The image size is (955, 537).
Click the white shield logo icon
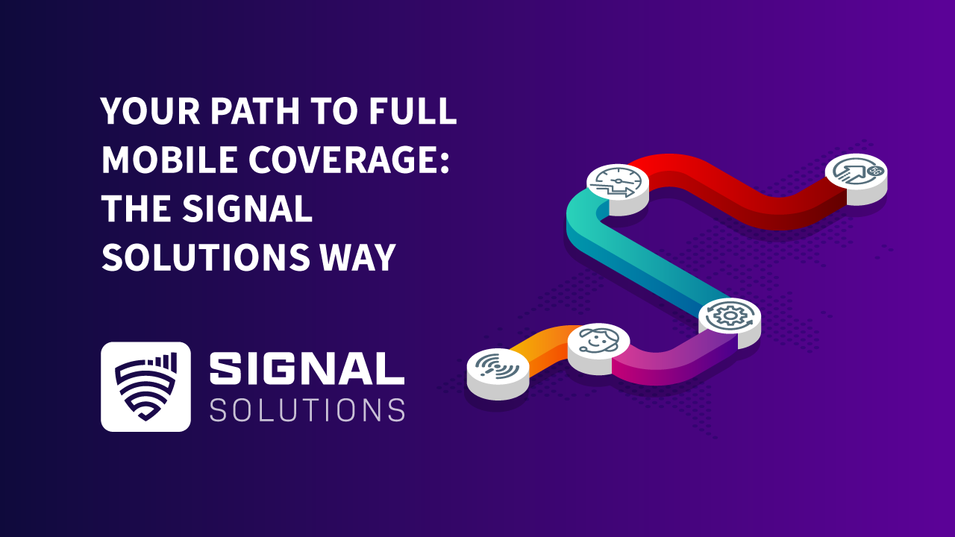click(145, 386)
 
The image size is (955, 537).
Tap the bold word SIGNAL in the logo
click(307, 370)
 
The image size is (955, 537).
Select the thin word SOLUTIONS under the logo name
click(307, 410)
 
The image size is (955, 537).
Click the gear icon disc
click(729, 315)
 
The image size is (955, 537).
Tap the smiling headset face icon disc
click(598, 341)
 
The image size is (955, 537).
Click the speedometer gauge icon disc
click(618, 181)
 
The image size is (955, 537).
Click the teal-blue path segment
click(634, 257)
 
